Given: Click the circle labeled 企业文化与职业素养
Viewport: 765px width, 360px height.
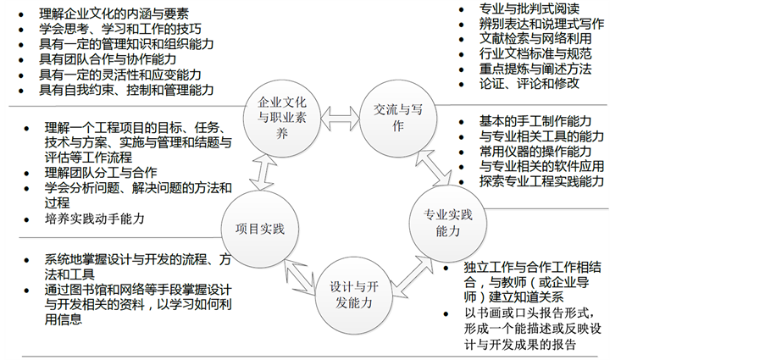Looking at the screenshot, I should click(280, 115).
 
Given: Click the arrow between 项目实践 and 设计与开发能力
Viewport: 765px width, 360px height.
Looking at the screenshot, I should click(301, 273).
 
